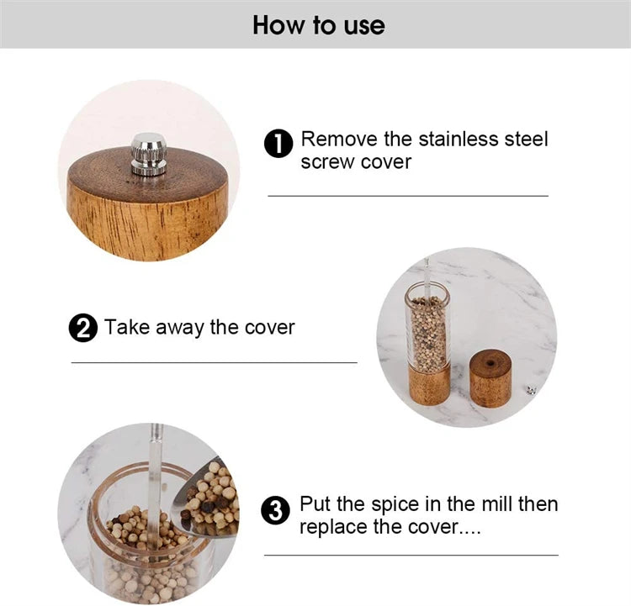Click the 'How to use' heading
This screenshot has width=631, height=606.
pyautogui.click(x=318, y=24)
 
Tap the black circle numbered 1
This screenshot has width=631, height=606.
pyautogui.click(x=278, y=144)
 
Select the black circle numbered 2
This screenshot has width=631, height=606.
pyautogui.click(x=82, y=328)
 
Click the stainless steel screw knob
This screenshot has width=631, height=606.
pyautogui.click(x=148, y=154)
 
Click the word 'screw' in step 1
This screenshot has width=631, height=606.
pyautogui.click(x=328, y=161)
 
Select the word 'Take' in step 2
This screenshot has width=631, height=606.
pyautogui.click(x=125, y=327)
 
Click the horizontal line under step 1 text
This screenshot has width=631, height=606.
pyautogui.click(x=408, y=196)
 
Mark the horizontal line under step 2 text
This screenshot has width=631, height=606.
pyautogui.click(x=214, y=363)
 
